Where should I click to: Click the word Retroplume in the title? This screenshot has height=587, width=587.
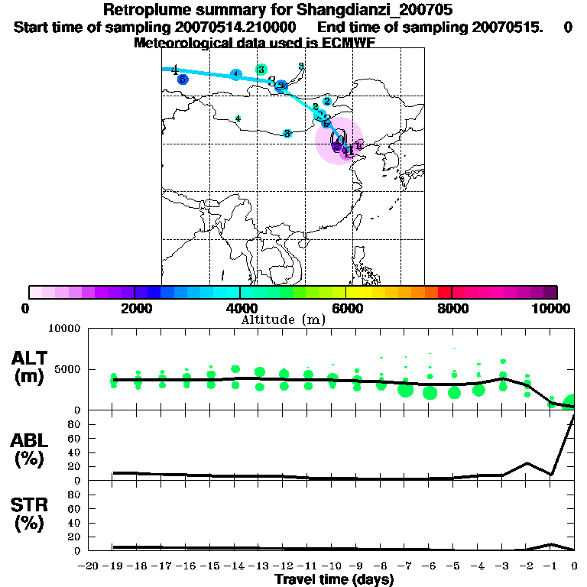[141, 11]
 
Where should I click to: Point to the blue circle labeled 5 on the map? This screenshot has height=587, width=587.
[182, 79]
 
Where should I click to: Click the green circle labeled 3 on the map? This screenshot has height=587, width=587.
[261, 70]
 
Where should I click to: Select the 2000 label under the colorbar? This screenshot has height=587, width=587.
[134, 308]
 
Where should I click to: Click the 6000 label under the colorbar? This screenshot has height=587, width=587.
[346, 308]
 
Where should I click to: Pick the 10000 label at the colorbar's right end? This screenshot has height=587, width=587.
[553, 308]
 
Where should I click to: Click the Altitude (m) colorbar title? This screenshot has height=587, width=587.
[283, 319]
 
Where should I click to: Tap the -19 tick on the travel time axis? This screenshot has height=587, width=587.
[112, 566]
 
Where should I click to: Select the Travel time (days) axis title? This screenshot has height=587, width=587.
[334, 579]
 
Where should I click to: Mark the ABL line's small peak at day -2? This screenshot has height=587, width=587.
[527, 463]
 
